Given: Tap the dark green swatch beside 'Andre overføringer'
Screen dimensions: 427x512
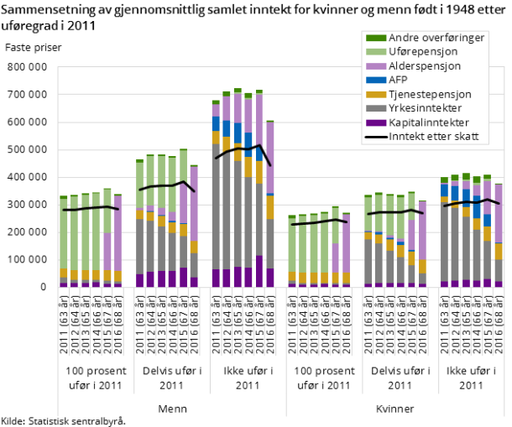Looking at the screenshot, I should point(375,37).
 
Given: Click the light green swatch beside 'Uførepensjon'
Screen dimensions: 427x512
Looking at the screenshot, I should point(375,51).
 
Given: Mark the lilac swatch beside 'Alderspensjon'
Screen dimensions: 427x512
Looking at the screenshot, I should point(375,65).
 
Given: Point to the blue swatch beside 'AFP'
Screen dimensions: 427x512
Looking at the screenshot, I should point(375,80).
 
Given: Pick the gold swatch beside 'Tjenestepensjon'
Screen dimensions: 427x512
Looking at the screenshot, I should point(375,94).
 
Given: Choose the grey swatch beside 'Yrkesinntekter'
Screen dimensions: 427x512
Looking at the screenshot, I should point(375,108).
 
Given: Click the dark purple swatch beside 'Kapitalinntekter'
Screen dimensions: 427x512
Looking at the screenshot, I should point(375,122).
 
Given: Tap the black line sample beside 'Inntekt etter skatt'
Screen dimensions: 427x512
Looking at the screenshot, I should point(375,137).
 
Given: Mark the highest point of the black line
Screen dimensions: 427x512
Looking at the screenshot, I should point(259,145).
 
